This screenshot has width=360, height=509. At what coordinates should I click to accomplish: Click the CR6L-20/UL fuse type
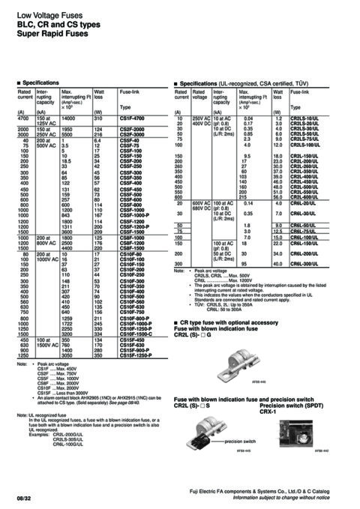(303, 203)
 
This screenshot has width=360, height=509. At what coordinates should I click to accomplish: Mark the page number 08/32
(23, 496)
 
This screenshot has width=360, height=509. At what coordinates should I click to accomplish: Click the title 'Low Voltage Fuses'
(43, 14)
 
